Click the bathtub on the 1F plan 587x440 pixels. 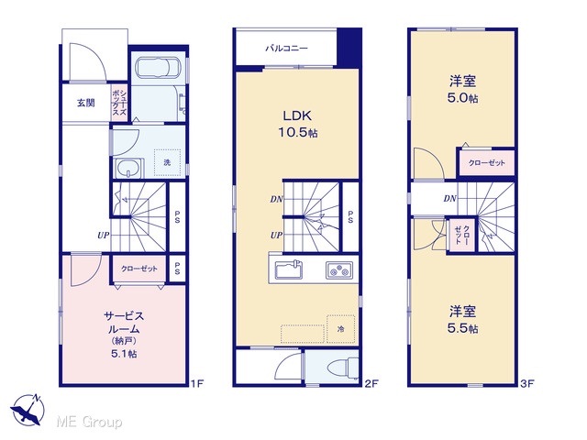coord(158,68)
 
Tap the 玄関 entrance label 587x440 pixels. coord(85,103)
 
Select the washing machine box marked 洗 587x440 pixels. coord(167,162)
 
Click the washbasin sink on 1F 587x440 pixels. coord(128,168)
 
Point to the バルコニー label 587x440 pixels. coord(287,49)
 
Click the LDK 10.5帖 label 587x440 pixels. coord(297,124)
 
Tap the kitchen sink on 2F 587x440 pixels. coord(289,269)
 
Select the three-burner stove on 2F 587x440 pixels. coord(339,270)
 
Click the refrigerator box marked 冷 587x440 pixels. coord(340,329)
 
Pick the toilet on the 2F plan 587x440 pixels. coord(342,367)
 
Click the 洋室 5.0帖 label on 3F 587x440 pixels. coord(462,89)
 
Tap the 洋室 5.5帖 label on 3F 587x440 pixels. coord(462,320)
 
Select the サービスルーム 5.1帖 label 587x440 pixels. coord(124,334)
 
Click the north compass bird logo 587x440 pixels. coord(27,410)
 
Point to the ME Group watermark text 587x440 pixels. coord(89,422)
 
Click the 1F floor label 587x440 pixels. coord(197,383)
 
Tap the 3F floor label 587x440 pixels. coord(527,383)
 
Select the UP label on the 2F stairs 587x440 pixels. coord(276,236)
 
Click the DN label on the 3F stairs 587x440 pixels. coord(450,199)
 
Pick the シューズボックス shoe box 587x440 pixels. coord(119,103)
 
